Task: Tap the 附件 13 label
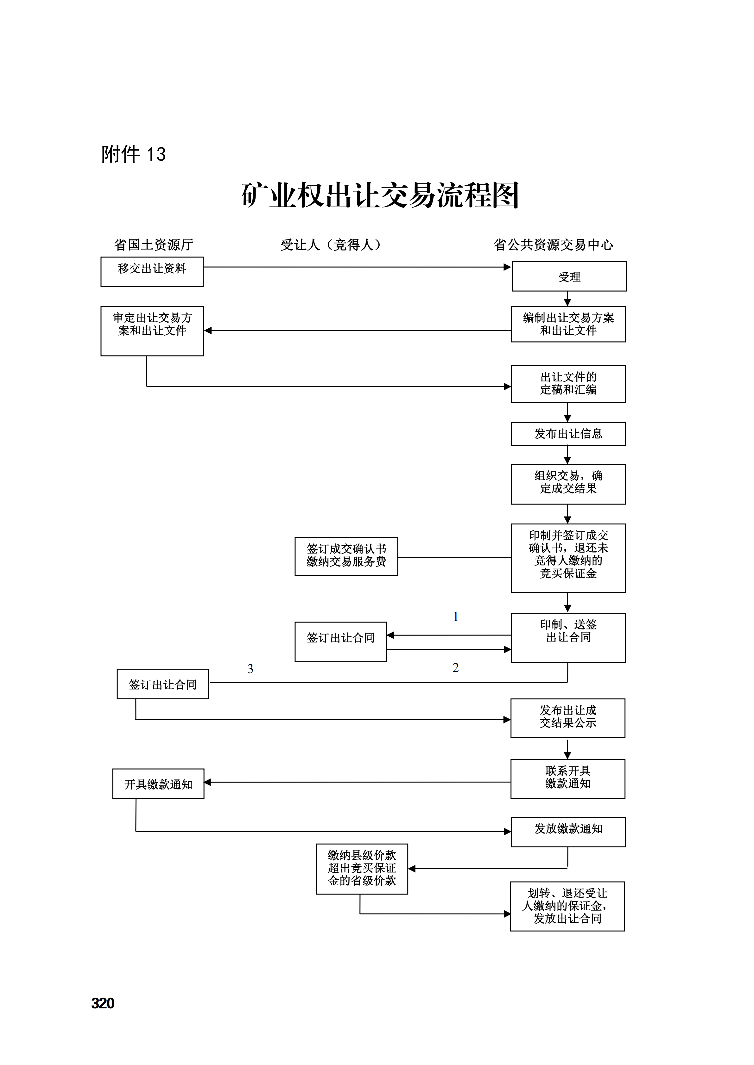(x=133, y=154)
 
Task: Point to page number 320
(x=103, y=1003)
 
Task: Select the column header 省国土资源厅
(x=154, y=245)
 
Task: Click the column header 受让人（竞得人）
(x=331, y=245)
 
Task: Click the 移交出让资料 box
(x=152, y=272)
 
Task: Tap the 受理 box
(x=569, y=276)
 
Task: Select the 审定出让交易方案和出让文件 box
(x=152, y=331)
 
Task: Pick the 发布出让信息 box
(x=568, y=434)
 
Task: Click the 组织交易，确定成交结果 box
(x=568, y=484)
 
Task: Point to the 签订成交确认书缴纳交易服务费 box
(x=346, y=557)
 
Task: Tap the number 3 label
(x=250, y=669)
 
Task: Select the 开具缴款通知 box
(x=158, y=784)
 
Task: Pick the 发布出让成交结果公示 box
(x=568, y=718)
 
